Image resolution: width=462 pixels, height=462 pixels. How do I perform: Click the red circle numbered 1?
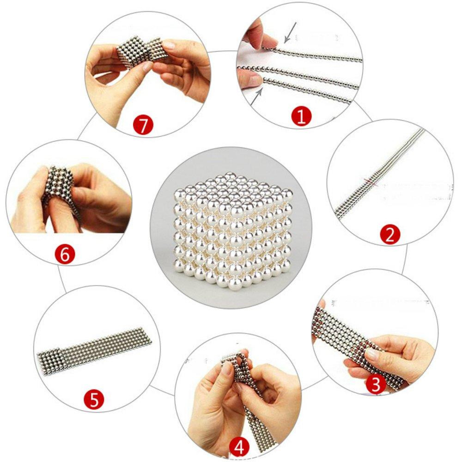click(x=301, y=117)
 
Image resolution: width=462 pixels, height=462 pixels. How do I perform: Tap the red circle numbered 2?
click(x=389, y=235)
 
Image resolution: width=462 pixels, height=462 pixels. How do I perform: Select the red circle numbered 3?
click(x=376, y=385)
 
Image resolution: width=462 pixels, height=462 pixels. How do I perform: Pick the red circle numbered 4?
click(x=240, y=446)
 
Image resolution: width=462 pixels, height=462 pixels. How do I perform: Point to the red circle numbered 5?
click(x=94, y=400)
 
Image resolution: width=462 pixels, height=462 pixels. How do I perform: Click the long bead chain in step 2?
click(x=379, y=176)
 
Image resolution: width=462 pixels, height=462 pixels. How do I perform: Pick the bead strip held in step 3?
click(x=351, y=342)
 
